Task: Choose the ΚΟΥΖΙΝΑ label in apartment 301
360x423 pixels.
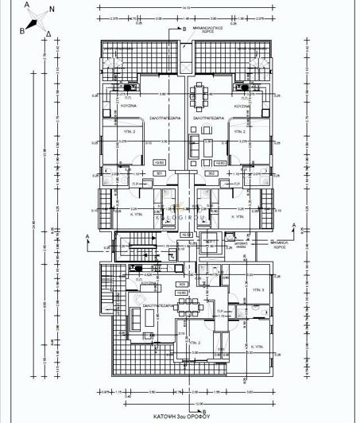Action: (x=133, y=105)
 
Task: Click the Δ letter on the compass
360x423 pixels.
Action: (x=49, y=34)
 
